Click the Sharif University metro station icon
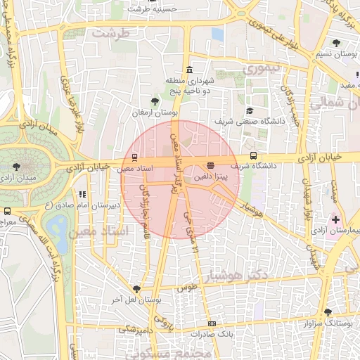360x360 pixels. click(x=253, y=156)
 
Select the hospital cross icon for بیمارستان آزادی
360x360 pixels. click(x=335, y=219)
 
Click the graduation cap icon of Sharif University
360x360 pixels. click(x=250, y=110)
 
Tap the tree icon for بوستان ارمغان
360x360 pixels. click(x=155, y=101)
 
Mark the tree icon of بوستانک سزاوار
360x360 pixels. click(x=327, y=312)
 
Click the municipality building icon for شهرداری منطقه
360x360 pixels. click(x=189, y=70)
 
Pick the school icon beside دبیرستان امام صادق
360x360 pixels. click(x=82, y=195)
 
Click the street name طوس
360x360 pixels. click(x=186, y=288)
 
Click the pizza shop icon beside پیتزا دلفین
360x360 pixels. click(x=210, y=165)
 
